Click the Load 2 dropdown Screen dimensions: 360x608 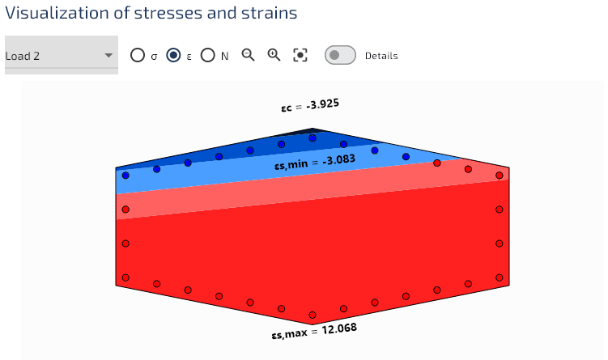coord(61,56)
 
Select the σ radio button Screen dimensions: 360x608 coord(138,55)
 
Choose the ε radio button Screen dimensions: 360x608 coord(173,55)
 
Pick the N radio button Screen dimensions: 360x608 coord(208,55)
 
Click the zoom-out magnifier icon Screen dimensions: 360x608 coord(249,55)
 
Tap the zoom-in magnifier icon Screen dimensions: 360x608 coord(274,55)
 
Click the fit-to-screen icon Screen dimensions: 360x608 coord(300,55)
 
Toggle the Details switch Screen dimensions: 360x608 coord(340,55)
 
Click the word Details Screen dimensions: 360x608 coord(381,56)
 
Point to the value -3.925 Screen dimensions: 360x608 coord(322,104)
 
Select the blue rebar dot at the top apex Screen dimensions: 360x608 coord(313,138)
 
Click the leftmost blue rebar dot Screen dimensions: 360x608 coord(125,175)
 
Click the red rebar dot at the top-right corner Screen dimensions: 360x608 coord(500,175)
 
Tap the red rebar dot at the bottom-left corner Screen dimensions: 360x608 coord(125,277)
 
